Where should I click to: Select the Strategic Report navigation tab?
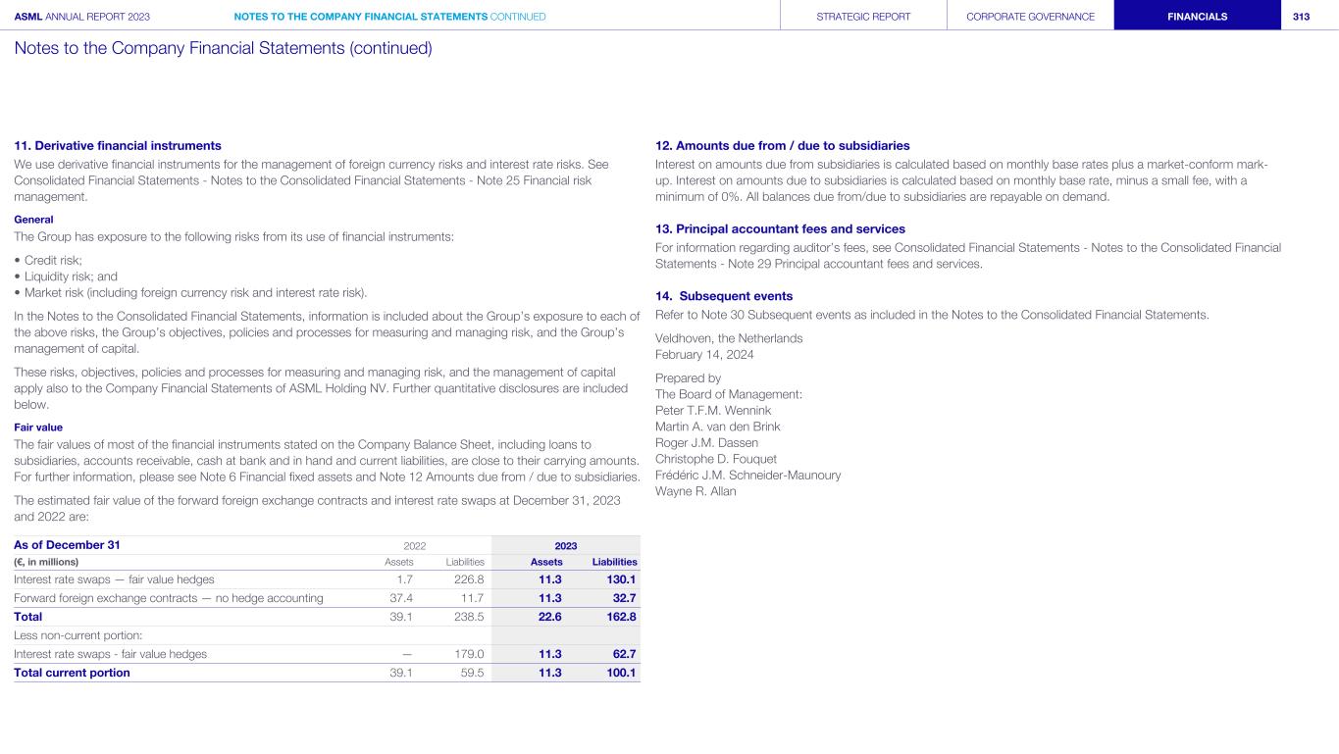862,17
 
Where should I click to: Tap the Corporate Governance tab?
1030,17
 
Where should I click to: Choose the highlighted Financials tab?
1197,17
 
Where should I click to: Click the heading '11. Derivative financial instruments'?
118,145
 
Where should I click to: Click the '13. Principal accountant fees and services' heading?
780,228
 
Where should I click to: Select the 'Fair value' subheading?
38,427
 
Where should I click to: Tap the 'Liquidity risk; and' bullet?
66,276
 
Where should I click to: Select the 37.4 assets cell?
401,598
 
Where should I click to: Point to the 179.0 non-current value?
469,654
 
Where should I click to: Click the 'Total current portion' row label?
72,673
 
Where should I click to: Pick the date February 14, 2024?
704,355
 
